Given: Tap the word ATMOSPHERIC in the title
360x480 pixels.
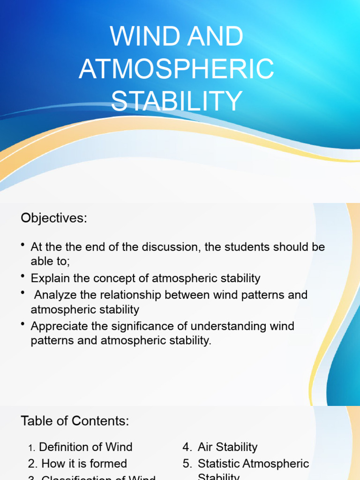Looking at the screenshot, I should (176, 69).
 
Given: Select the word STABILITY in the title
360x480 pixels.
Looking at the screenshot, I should (177, 101).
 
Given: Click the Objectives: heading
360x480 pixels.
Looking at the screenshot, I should (54, 218).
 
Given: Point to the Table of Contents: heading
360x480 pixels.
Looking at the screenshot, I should (75, 421).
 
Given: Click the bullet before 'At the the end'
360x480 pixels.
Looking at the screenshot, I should (23, 245).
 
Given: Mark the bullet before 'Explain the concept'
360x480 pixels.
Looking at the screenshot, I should (23, 277).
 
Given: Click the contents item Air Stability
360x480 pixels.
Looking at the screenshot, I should (227, 447).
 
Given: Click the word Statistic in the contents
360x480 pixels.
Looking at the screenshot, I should (219, 464).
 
